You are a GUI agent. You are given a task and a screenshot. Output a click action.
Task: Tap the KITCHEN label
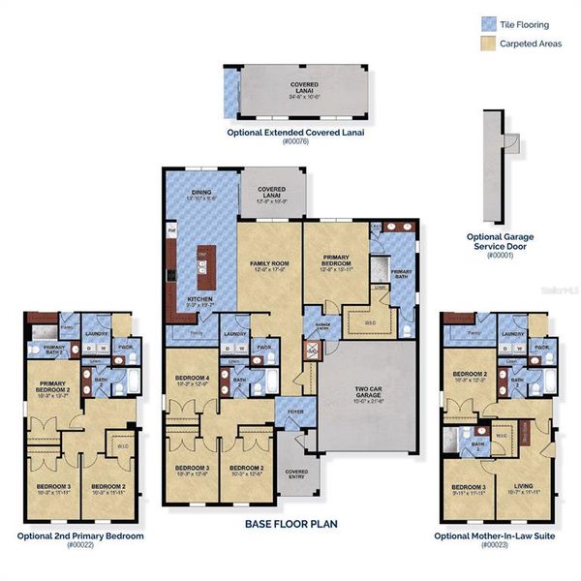tap(200, 300)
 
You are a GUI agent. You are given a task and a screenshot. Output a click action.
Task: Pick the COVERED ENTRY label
tap(296, 474)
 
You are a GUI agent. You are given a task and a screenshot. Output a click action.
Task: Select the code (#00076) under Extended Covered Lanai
tap(294, 141)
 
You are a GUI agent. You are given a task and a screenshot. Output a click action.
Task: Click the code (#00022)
tap(79, 545)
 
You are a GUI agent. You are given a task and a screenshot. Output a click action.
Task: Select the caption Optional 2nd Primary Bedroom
tap(79, 535)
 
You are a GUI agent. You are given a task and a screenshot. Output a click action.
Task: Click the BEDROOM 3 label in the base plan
tap(192, 470)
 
